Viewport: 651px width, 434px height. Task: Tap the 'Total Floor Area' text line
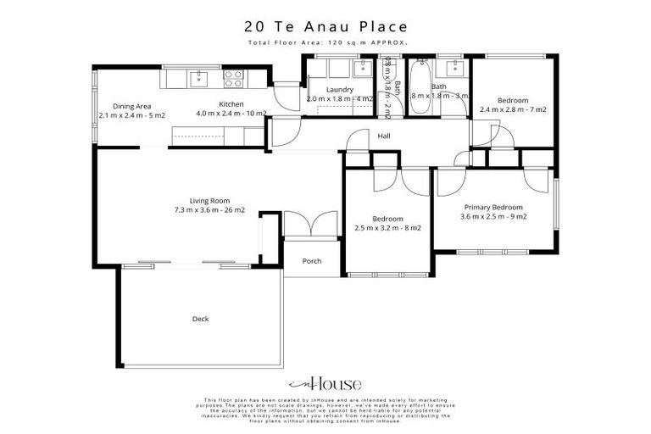325,42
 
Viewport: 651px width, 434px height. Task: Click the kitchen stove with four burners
232,79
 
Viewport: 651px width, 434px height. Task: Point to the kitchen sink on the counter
198,79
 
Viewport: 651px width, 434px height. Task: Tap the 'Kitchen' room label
231,104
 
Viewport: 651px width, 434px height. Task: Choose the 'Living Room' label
209,201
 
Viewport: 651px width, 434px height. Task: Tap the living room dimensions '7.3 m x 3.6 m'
209,210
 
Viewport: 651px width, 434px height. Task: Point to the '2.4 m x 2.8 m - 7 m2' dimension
513,109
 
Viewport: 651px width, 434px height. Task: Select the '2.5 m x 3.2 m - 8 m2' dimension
387,227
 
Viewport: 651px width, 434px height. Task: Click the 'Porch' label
312,261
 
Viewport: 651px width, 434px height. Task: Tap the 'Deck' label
200,319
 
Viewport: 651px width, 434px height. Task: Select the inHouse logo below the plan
325,383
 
